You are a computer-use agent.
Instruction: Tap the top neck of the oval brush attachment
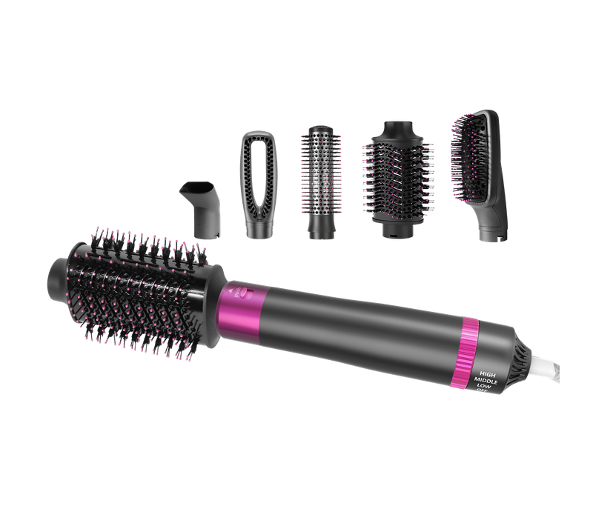[391, 130]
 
